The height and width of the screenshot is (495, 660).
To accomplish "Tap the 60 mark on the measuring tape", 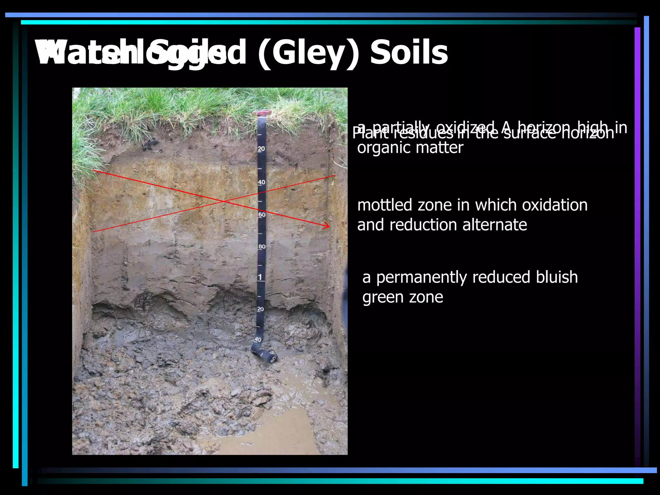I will click(262, 215).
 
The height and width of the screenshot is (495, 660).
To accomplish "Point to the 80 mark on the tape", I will click(262, 247).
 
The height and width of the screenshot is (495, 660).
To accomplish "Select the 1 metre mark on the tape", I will click(260, 277).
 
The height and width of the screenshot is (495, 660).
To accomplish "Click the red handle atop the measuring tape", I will click(262, 113).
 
